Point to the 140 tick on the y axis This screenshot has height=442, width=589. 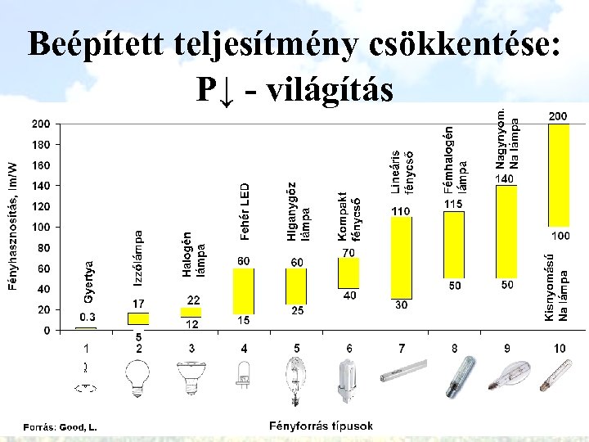40,186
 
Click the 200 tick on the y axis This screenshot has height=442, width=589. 40,124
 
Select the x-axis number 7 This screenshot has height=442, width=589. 401,348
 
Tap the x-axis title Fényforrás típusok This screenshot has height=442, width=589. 321,426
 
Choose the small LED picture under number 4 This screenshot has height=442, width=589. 243,377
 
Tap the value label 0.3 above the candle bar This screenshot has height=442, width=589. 87,317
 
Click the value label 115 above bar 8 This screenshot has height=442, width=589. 452,203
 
